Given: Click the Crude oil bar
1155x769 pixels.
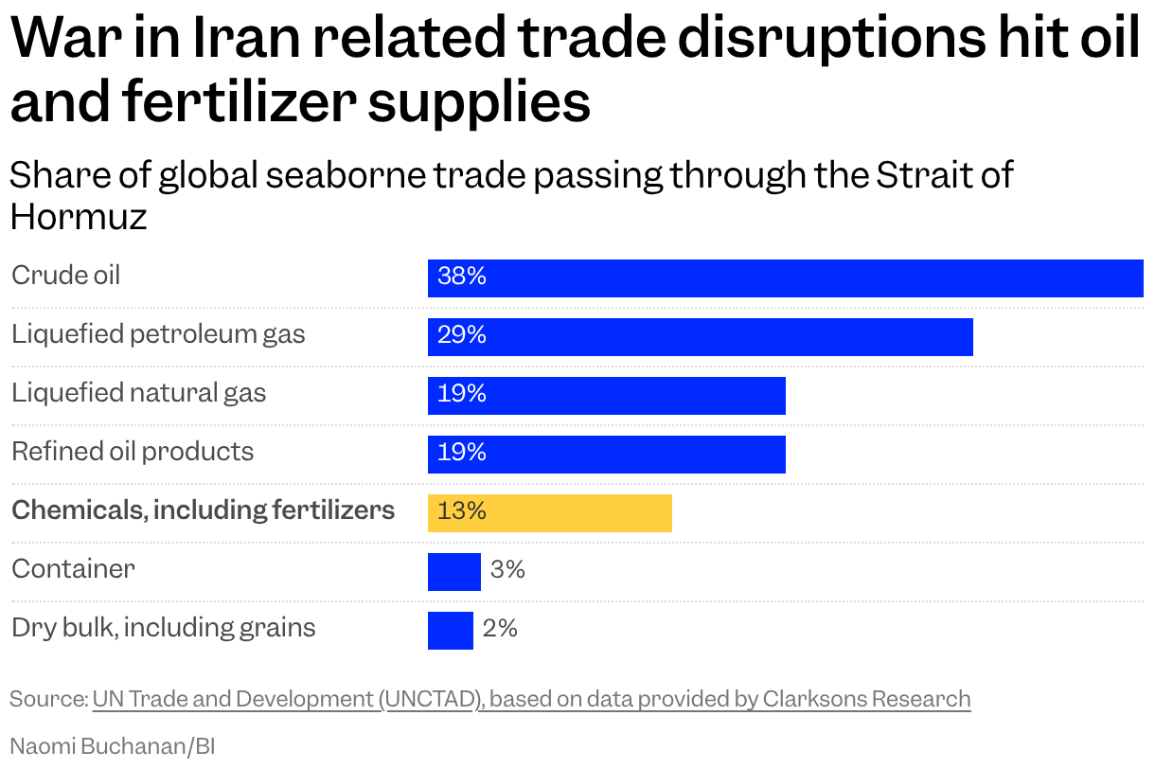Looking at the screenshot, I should click(786, 278).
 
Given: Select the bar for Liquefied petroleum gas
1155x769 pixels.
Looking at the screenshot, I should click(701, 337).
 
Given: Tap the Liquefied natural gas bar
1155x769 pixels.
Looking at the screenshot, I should click(607, 396).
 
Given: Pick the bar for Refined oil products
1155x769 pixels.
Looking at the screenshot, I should click(607, 455).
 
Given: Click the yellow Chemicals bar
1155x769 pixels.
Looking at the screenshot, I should click(550, 513).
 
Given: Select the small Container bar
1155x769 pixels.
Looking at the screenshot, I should click(454, 572).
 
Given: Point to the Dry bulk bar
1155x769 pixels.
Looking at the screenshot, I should click(451, 631).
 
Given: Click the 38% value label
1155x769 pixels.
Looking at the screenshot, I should click(462, 277).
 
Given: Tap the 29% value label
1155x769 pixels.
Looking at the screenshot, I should click(462, 335).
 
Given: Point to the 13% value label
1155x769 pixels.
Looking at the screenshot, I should click(462, 511).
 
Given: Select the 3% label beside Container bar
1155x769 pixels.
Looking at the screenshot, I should click(507, 570).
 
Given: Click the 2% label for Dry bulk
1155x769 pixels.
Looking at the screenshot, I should click(500, 629).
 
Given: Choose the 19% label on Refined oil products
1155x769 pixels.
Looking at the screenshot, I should click(462, 453).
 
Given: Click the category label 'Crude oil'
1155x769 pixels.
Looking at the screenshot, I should click(66, 276).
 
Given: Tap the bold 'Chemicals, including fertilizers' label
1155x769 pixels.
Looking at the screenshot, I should click(203, 510).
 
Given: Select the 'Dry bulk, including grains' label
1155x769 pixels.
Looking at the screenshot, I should click(164, 628).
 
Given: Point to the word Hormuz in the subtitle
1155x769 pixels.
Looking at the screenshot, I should click(79, 217).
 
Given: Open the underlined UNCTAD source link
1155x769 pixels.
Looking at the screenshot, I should click(531, 700).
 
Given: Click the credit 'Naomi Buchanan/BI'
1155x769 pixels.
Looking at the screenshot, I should click(113, 746).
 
